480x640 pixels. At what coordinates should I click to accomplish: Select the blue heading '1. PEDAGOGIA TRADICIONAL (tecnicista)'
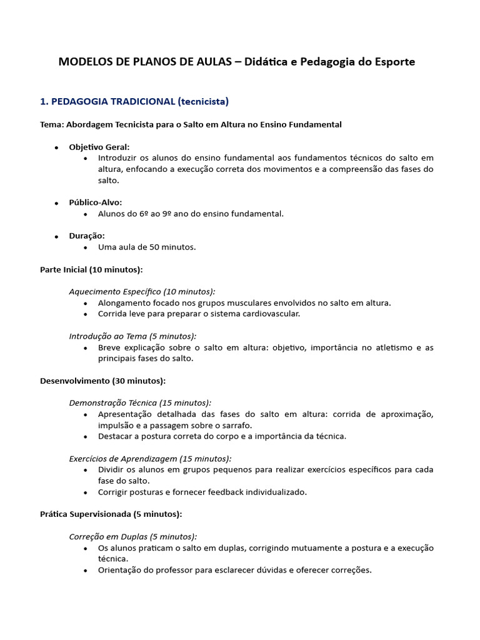point(134,101)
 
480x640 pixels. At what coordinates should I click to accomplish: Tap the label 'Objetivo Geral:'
point(99,146)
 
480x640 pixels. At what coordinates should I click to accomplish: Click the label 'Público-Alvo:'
point(96,202)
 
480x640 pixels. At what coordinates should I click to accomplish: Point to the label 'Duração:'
point(87,236)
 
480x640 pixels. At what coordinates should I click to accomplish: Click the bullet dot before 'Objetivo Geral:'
point(56,147)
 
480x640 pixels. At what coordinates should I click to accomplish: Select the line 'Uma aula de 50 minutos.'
point(147,247)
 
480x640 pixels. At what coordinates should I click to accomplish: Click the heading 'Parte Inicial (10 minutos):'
point(91,269)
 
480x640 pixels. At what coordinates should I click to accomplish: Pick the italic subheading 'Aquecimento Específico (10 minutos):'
point(142,292)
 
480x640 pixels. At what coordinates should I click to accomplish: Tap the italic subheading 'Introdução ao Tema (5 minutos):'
point(132,336)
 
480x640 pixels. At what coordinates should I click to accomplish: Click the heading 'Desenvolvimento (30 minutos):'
point(102,381)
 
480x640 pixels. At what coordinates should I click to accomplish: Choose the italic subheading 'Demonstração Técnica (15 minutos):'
point(140,403)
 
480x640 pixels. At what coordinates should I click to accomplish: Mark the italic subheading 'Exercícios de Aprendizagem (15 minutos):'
point(150,459)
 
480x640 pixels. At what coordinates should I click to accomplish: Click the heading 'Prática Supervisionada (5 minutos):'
point(111,514)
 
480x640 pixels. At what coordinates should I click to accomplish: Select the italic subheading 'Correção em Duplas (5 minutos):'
point(132,536)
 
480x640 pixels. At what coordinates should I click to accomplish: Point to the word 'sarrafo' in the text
point(236,425)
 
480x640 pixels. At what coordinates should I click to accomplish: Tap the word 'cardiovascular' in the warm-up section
point(271,314)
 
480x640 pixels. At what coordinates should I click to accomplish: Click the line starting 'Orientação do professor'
point(234,570)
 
